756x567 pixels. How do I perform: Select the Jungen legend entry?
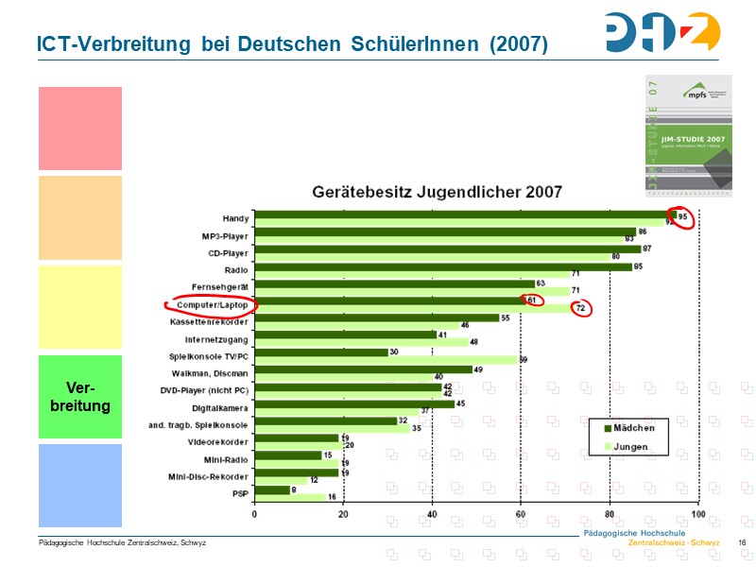(x=631, y=446)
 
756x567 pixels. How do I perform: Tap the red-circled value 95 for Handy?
(x=680, y=216)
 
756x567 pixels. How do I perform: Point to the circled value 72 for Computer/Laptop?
(x=581, y=308)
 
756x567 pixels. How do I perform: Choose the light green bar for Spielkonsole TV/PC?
(x=386, y=359)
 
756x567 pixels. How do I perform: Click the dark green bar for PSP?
(x=272, y=490)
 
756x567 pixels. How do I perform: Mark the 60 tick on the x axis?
(x=521, y=515)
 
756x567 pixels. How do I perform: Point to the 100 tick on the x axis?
(x=698, y=515)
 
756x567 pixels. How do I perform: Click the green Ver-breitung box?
(x=80, y=397)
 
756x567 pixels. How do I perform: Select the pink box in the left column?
(x=80, y=129)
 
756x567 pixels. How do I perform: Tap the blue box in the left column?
(x=80, y=485)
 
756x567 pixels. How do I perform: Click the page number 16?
(x=742, y=542)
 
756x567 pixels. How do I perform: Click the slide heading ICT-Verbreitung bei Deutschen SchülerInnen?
(x=291, y=43)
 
